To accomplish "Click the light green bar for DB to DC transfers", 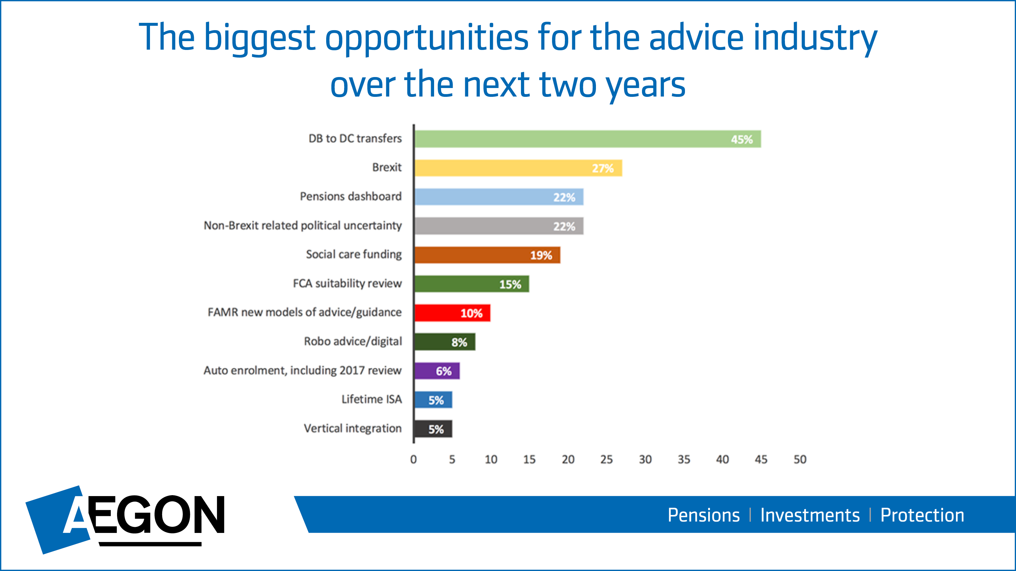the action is click(x=588, y=139).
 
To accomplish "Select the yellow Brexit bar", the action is click(x=518, y=168).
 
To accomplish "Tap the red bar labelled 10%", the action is click(x=452, y=313).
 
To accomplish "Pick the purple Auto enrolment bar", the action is click(x=437, y=371).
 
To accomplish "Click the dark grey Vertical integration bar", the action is click(x=433, y=429).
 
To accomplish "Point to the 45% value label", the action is click(x=742, y=139).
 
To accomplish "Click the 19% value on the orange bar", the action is click(x=541, y=256).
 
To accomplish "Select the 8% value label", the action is click(x=459, y=342).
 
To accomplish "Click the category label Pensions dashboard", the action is click(x=351, y=196).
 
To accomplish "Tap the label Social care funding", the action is click(x=354, y=255).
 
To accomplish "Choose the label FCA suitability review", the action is click(x=347, y=283).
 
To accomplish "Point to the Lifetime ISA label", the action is click(x=372, y=399).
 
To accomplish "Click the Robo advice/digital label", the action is click(x=353, y=341).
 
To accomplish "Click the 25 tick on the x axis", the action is click(x=607, y=460).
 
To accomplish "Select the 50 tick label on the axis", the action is click(x=800, y=460).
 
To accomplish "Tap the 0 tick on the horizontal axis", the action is click(x=413, y=460).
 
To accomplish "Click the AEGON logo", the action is click(x=125, y=519).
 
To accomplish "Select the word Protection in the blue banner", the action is click(x=922, y=515).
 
